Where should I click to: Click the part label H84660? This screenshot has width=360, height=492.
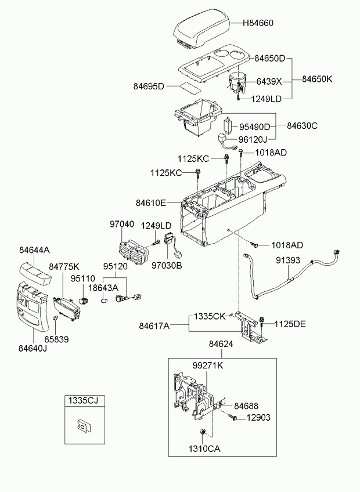pyautogui.click(x=258, y=23)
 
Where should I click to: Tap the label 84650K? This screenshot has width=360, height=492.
pyautogui.click(x=317, y=79)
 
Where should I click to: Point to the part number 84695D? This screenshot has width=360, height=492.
pyautogui.click(x=149, y=86)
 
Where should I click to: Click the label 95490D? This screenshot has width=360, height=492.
pyautogui.click(x=255, y=127)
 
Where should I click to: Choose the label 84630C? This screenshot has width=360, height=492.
pyautogui.click(x=302, y=126)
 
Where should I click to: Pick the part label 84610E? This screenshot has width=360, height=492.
pyautogui.click(x=151, y=203)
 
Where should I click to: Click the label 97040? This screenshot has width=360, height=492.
pyautogui.click(x=122, y=225)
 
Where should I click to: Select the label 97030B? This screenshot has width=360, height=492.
pyautogui.click(x=167, y=266)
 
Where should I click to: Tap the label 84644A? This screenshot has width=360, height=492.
pyautogui.click(x=34, y=250)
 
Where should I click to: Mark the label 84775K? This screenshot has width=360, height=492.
pyautogui.click(x=64, y=267)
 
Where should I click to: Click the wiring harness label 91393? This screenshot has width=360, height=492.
pyautogui.click(x=288, y=260)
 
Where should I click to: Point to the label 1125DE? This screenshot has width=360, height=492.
pyautogui.click(x=290, y=324)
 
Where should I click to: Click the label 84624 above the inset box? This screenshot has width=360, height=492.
pyautogui.click(x=221, y=344)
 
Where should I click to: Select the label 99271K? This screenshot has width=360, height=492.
pyautogui.click(x=208, y=366)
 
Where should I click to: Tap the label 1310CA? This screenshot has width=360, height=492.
pyautogui.click(x=204, y=448)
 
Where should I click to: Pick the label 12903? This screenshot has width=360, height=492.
pyautogui.click(x=258, y=418)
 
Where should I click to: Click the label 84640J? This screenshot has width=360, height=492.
pyautogui.click(x=33, y=348)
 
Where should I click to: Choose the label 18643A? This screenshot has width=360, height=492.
pyautogui.click(x=103, y=287)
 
